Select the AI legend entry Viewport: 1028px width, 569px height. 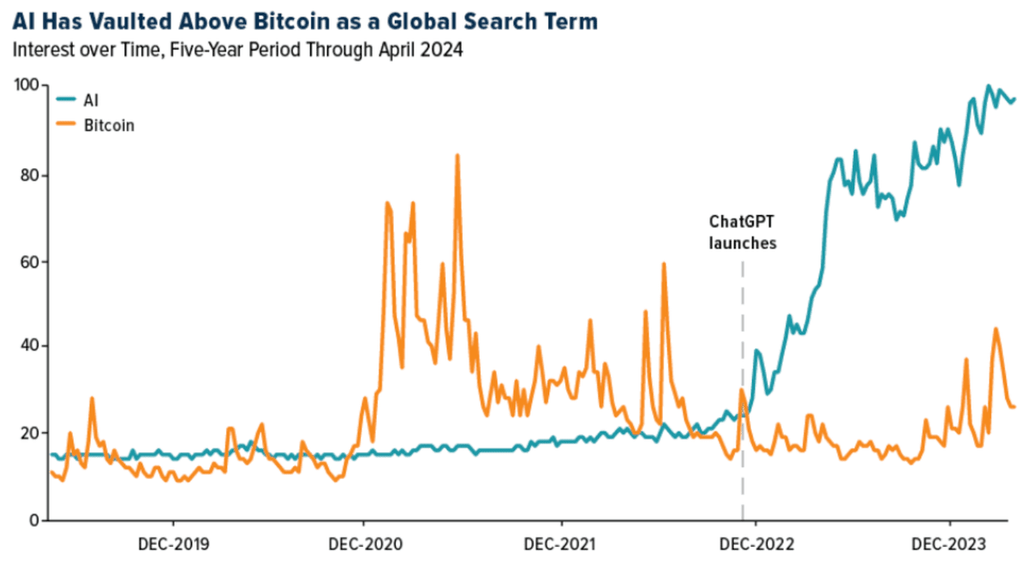coord(88,100)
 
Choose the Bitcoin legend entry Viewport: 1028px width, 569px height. coord(108,125)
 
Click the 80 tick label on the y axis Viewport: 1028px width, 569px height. coord(27,175)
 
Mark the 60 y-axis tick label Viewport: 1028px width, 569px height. coord(27,261)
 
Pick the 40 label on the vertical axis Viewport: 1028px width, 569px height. coord(27,346)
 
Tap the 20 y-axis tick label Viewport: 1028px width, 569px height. coord(27,433)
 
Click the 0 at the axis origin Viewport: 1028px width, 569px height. coord(33,519)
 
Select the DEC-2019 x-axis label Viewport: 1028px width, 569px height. coord(174,544)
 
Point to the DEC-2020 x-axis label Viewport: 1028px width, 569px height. coord(363,544)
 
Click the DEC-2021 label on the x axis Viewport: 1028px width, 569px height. coord(561,544)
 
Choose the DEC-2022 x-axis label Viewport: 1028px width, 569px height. coord(755,544)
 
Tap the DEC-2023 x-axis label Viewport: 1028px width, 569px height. coord(949,544)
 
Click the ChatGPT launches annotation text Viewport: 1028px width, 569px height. coord(742,231)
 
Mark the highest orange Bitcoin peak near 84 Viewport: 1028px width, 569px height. coord(457,156)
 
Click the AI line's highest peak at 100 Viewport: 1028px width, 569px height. coord(988,87)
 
